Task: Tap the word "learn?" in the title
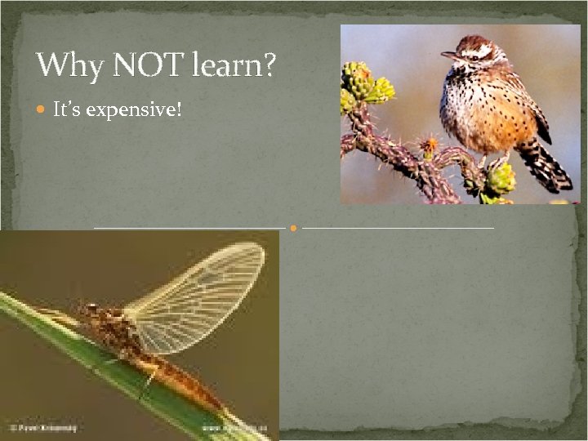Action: pyautogui.click(x=236, y=65)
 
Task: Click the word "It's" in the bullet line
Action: pyautogui.click(x=66, y=109)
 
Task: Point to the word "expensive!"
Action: pyautogui.click(x=134, y=109)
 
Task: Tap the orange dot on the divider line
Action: pyautogui.click(x=294, y=227)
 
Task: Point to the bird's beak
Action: pyautogui.click(x=448, y=56)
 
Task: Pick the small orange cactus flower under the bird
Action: pyautogui.click(x=428, y=147)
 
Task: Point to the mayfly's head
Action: pyautogui.click(x=88, y=311)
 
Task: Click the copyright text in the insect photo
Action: pyautogui.click(x=41, y=427)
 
